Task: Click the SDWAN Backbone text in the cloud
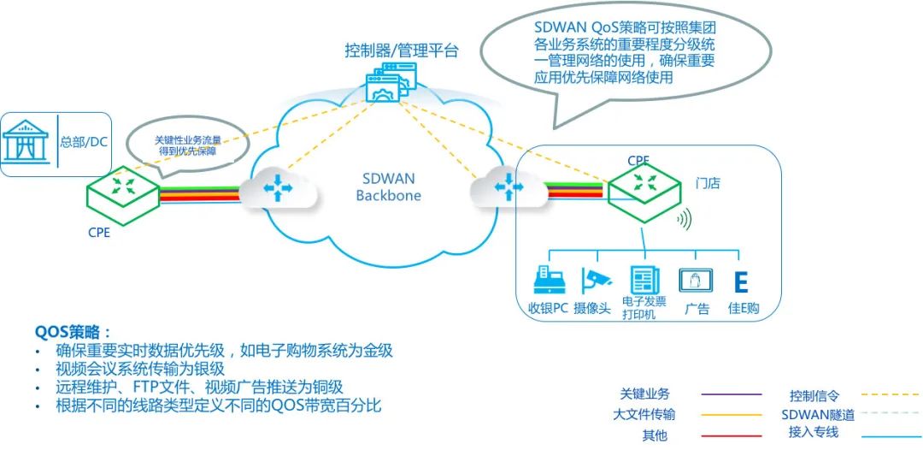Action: [385, 187]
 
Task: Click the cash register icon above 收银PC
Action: [546, 280]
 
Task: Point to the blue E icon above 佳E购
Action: [742, 282]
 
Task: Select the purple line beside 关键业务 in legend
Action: [731, 395]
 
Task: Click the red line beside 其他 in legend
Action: [731, 435]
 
